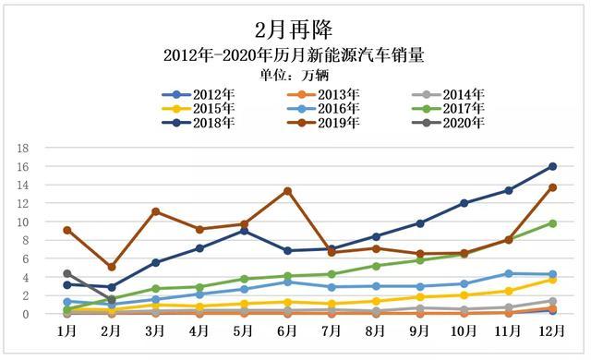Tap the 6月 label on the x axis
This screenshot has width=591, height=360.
[x=288, y=330]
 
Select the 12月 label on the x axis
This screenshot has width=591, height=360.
[x=552, y=330]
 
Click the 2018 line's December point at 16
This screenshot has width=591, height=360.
[x=552, y=166]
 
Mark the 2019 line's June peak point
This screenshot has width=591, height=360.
[x=288, y=191]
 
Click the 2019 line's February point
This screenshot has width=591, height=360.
[x=112, y=267]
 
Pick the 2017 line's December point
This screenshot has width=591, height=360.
[x=552, y=223]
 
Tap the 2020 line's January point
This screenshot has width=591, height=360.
[x=67, y=273]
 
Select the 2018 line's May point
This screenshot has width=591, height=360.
[x=244, y=231]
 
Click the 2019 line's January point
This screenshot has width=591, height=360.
[x=67, y=230]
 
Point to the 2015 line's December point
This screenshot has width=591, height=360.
[x=552, y=280]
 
